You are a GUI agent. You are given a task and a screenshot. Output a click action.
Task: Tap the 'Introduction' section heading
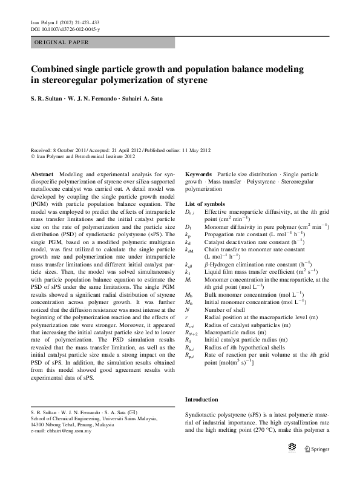(x=201, y=400)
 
